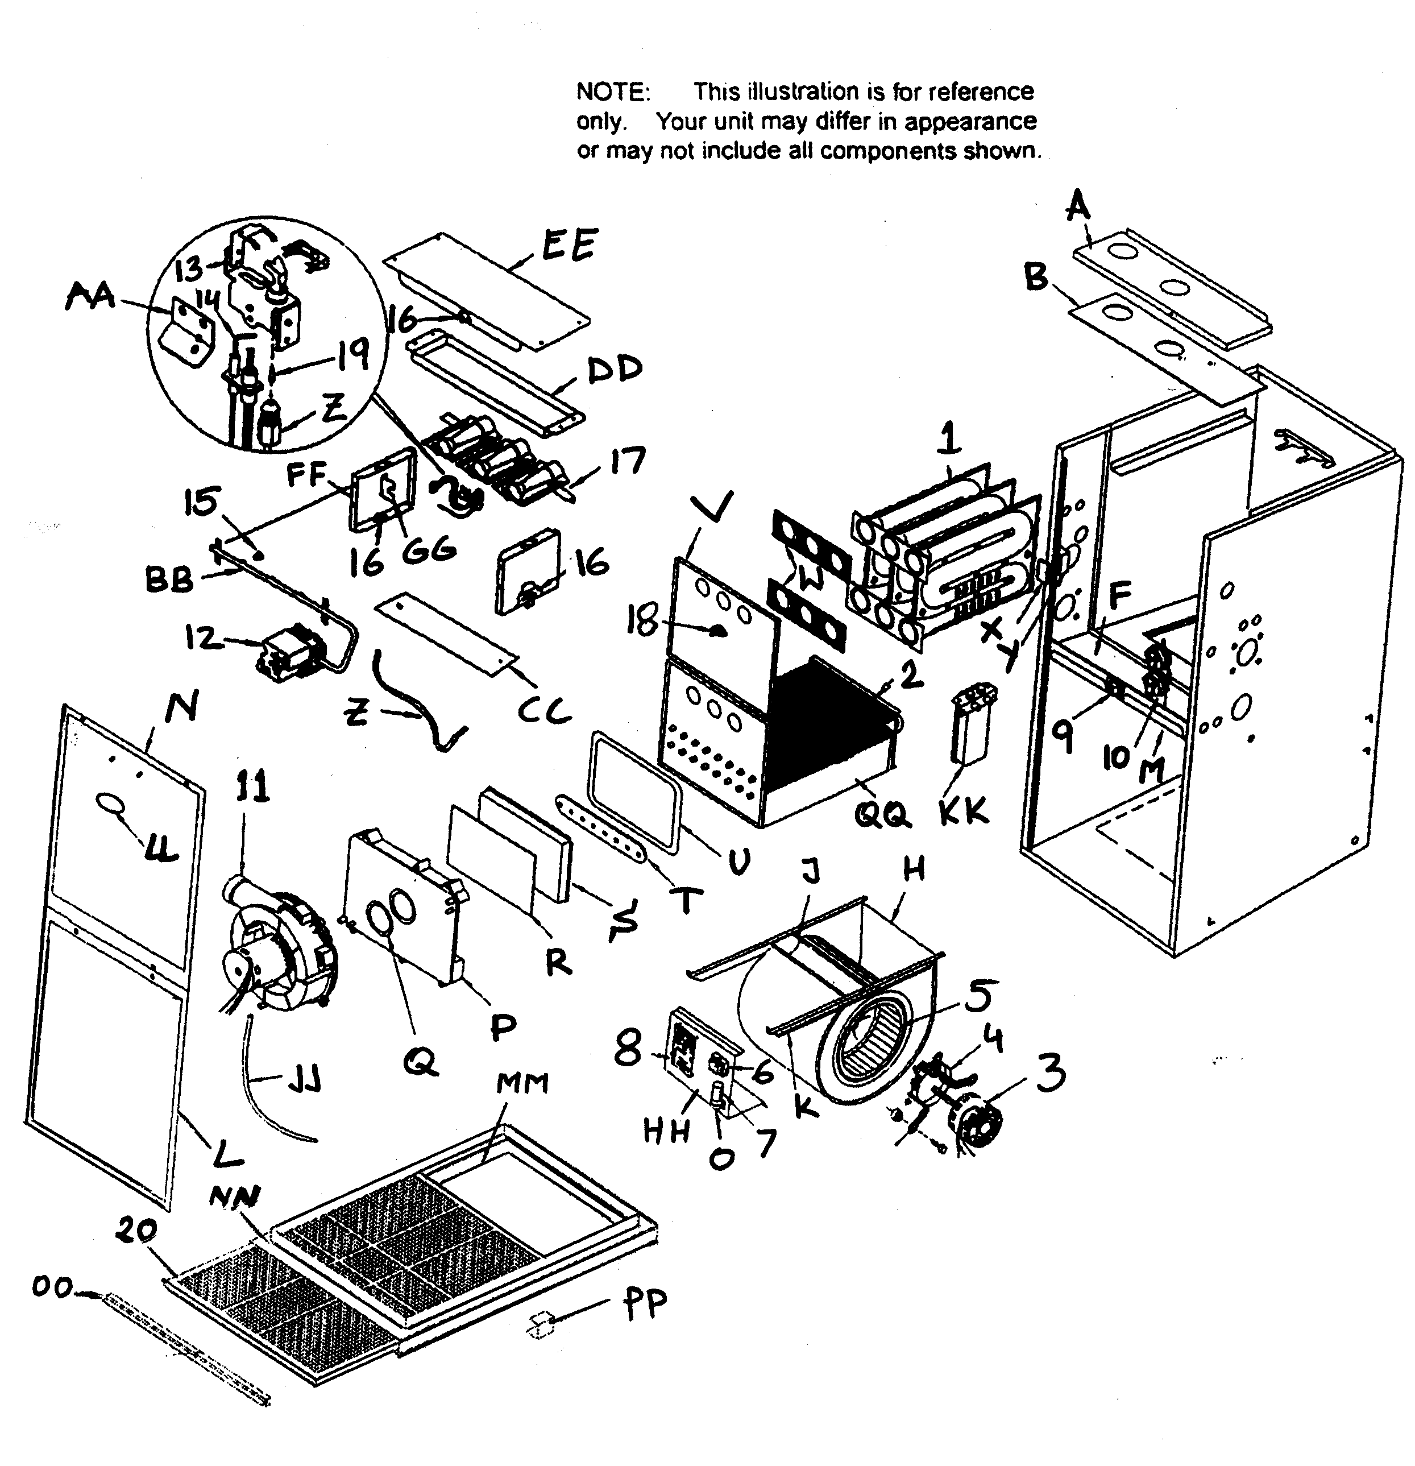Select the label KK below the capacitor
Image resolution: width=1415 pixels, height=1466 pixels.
[963, 810]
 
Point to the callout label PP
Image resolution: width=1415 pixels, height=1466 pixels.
[644, 1305]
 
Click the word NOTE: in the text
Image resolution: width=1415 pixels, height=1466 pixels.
[613, 92]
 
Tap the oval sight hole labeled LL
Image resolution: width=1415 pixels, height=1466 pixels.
[109, 804]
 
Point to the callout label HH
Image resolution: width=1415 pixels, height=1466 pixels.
[666, 1131]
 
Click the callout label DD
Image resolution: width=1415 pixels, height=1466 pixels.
[615, 368]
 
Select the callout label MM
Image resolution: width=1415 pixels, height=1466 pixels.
[521, 1082]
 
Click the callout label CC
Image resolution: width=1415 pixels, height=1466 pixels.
[545, 710]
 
